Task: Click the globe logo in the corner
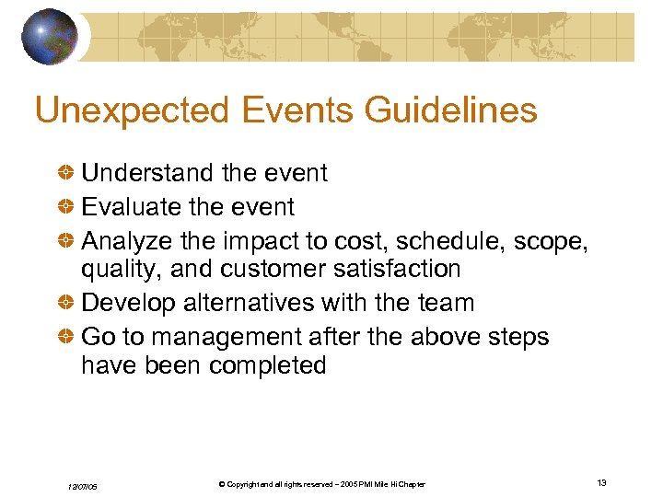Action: (50, 36)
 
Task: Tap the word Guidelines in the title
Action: (451, 110)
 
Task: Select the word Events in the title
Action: (298, 110)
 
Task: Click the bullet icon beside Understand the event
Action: (67, 173)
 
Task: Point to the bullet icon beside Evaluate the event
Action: (67, 207)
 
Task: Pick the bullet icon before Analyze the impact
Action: (67, 241)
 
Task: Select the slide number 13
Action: (601, 483)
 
